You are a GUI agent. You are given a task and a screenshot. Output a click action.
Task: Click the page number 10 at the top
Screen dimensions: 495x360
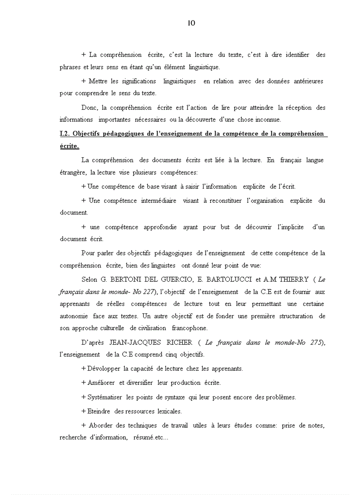(x=191, y=23)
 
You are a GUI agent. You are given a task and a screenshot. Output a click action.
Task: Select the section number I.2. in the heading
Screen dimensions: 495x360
(x=65, y=134)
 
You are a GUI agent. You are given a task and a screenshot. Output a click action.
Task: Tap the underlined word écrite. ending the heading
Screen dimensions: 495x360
(x=69, y=146)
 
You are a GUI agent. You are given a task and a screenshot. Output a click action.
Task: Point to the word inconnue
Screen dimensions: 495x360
(x=267, y=119)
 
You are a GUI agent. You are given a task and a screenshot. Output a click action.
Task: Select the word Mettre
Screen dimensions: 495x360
(x=98, y=81)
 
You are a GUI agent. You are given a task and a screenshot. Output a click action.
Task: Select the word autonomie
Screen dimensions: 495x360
(x=73, y=316)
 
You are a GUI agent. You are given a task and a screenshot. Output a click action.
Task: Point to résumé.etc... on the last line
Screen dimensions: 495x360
(x=147, y=438)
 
